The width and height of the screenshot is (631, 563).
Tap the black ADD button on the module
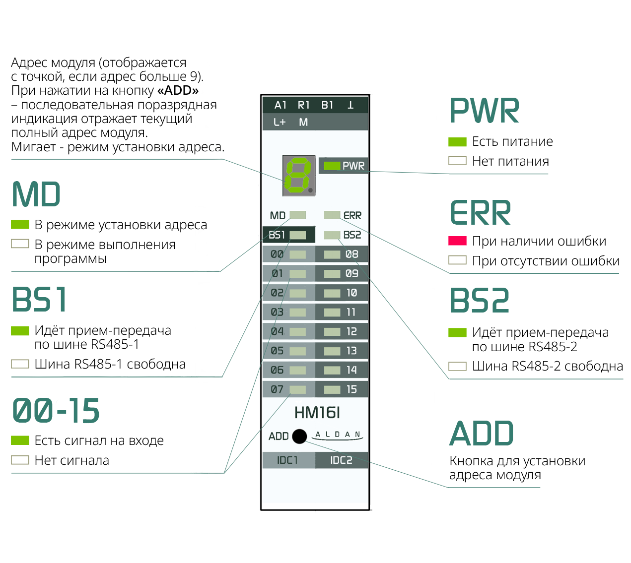(x=300, y=436)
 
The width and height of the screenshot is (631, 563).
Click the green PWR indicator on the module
(x=332, y=166)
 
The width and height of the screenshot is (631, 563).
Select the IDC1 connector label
(x=288, y=460)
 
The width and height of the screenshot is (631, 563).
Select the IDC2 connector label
(x=342, y=460)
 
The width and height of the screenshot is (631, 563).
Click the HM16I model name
(x=317, y=413)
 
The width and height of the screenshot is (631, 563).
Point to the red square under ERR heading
(x=457, y=241)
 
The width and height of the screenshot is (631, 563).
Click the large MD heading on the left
(x=36, y=194)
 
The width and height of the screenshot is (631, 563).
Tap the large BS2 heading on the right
(x=480, y=301)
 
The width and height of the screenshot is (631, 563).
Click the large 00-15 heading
(x=56, y=411)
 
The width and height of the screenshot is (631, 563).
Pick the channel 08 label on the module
(x=351, y=254)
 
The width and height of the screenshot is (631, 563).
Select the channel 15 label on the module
(x=351, y=389)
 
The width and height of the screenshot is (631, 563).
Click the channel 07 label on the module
(x=277, y=389)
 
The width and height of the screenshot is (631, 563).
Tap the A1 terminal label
(x=280, y=105)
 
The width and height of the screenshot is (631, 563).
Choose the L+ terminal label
(x=280, y=122)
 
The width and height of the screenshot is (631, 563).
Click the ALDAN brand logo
(x=338, y=435)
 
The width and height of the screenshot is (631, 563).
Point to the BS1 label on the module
(x=277, y=235)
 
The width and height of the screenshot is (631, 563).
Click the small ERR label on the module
(x=352, y=216)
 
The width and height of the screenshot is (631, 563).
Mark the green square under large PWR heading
(x=457, y=142)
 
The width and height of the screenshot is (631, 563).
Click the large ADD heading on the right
(x=482, y=434)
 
